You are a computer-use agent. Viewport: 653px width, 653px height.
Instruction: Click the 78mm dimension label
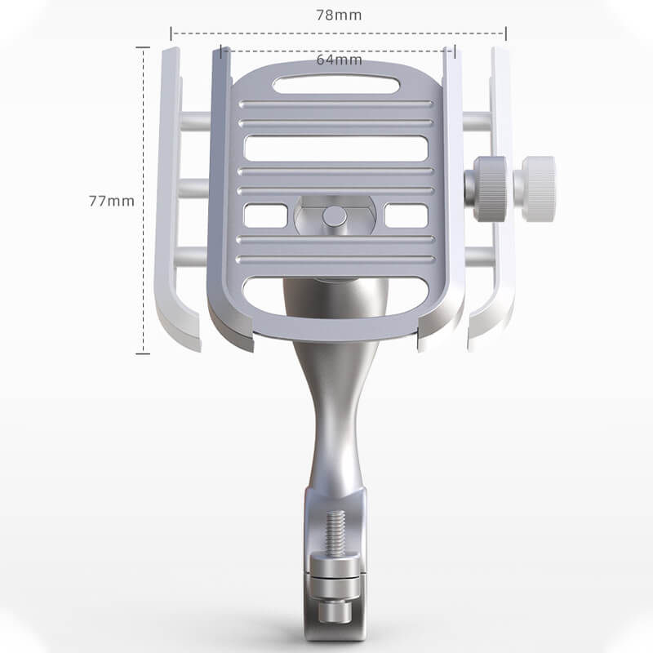[339, 15]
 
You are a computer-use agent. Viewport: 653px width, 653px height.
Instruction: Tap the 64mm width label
[339, 60]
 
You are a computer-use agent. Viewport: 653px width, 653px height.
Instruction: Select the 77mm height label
[111, 200]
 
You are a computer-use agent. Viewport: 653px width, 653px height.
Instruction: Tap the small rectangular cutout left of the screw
[265, 216]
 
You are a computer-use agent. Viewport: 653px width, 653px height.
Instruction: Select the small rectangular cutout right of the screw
[406, 216]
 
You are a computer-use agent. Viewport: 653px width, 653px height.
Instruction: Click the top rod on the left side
[196, 122]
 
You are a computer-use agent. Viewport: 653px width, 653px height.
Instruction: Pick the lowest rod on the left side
[196, 258]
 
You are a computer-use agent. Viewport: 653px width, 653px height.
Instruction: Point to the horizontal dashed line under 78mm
[245, 33]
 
